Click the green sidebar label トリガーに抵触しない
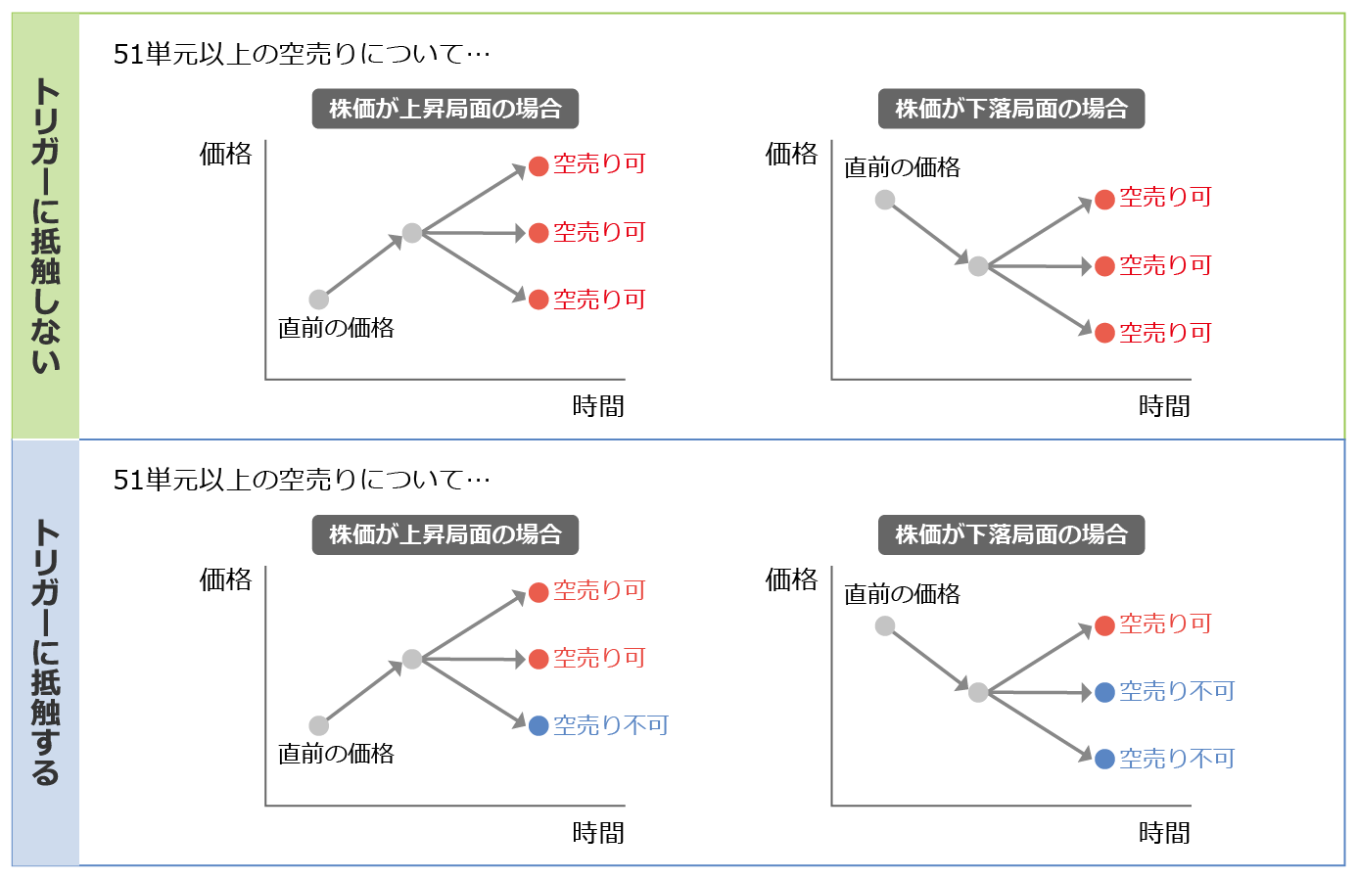(x=45, y=225)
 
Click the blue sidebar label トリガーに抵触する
(x=45, y=652)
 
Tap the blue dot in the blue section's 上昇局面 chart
(x=539, y=726)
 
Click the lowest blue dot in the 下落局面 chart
(x=1104, y=759)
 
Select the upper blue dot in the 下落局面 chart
(x=1104, y=692)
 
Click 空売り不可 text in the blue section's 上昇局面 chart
(x=611, y=725)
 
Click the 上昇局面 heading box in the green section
(x=445, y=109)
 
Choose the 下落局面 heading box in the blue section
(x=1011, y=535)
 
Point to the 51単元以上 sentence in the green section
(x=302, y=55)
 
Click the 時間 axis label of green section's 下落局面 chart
(x=1164, y=406)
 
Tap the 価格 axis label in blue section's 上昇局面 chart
(x=225, y=579)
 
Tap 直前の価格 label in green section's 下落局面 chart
(x=902, y=167)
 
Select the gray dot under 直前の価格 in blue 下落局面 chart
(x=885, y=625)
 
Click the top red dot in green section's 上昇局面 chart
(x=539, y=166)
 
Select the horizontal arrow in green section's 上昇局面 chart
(x=474, y=233)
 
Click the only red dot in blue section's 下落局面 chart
(x=1104, y=625)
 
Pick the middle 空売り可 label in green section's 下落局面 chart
(x=1165, y=265)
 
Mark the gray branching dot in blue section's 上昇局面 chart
(x=412, y=659)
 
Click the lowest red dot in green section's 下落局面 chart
(x=1104, y=333)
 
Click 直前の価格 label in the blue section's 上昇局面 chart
(x=336, y=754)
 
